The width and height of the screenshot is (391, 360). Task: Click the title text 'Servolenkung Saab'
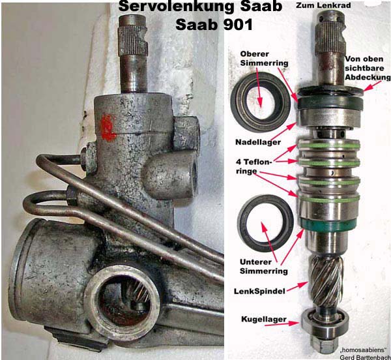[x=200, y=7]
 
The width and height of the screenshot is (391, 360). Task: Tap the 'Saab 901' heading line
[x=214, y=24]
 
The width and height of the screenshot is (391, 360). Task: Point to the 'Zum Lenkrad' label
[x=323, y=5]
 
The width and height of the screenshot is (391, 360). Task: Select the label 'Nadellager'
[x=258, y=142]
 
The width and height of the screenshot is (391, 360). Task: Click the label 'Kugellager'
[x=264, y=319]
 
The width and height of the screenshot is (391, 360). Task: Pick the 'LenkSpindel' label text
[x=259, y=291]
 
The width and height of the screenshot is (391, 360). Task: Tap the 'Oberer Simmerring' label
[x=264, y=59]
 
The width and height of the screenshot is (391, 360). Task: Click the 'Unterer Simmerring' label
[x=263, y=267]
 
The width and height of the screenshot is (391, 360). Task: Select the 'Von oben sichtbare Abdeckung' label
[x=368, y=68]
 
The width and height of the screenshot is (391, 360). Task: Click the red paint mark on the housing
[x=108, y=127]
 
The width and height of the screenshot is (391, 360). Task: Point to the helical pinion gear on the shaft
[x=326, y=282]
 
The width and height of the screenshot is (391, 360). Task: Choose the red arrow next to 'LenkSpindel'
[x=298, y=286]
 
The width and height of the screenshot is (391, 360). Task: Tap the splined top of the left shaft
[x=132, y=40]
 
